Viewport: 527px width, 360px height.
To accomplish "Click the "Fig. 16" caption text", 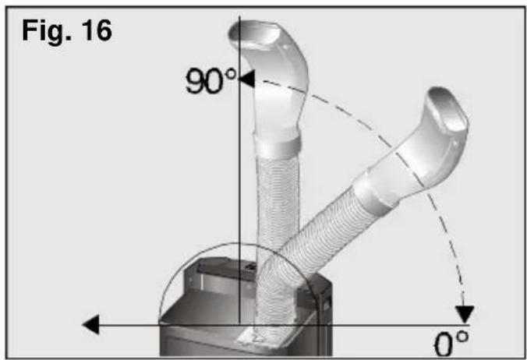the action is click(x=67, y=31).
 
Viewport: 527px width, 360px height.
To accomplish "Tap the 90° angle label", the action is click(x=210, y=80).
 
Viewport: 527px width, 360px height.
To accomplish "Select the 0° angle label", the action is click(x=451, y=344).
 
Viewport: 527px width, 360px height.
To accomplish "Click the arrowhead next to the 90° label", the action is click(x=246, y=79).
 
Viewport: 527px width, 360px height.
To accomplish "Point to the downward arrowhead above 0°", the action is click(x=465, y=314).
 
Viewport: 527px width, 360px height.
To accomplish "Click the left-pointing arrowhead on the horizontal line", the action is click(x=90, y=324).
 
